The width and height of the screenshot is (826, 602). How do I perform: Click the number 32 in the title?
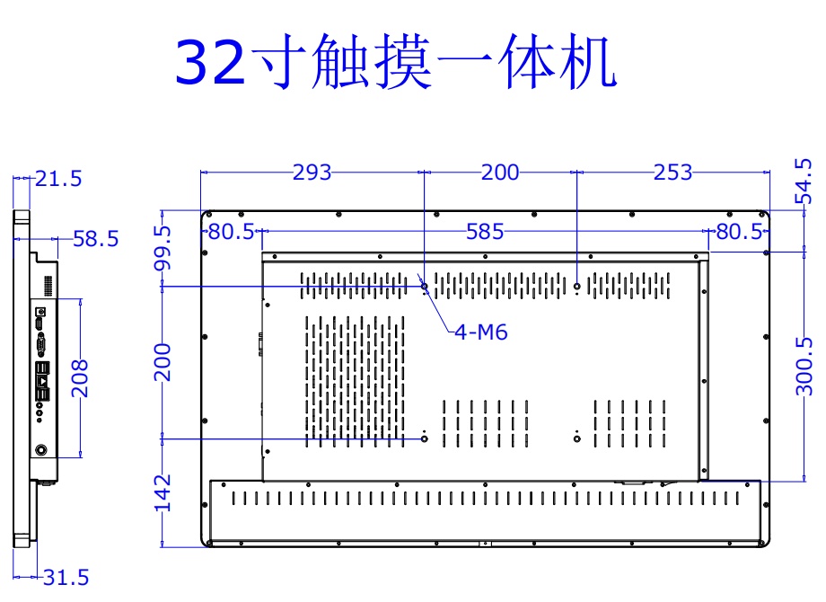209,62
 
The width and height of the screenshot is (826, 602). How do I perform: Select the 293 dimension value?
312,173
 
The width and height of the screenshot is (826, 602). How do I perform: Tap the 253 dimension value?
673,173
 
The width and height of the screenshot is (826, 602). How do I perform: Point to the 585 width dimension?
485,233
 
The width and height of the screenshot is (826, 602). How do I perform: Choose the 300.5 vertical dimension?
805,366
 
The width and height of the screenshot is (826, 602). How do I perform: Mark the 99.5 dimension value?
163,248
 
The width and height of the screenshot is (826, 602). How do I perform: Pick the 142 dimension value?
163,493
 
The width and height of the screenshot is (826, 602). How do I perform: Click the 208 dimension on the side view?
80,378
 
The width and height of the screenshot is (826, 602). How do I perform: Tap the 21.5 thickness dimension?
59,179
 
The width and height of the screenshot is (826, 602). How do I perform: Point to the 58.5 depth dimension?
95,239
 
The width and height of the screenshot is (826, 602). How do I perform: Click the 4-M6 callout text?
481,332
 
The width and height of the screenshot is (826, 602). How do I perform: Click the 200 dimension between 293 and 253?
500,173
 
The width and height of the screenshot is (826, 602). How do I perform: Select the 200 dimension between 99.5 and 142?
163,362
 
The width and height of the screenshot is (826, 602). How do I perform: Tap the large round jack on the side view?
40,450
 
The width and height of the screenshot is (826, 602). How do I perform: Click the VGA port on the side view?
41,344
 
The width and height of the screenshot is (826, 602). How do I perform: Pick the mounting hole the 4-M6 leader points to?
425,288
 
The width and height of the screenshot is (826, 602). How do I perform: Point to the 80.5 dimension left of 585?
232,233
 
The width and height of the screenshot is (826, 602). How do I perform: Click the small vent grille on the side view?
48,286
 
